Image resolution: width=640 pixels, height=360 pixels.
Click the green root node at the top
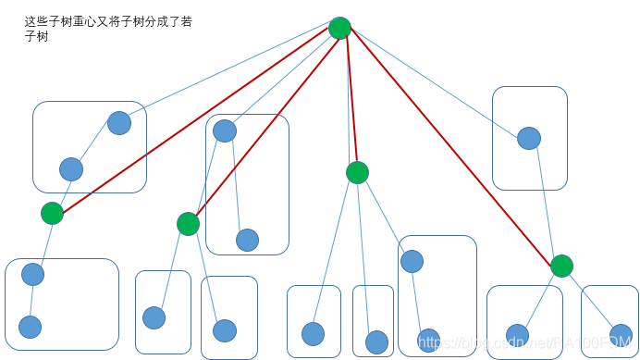(339, 28)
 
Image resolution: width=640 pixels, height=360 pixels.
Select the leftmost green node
(53, 214)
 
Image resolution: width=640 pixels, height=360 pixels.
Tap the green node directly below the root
(357, 172)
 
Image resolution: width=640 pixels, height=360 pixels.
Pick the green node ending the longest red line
(561, 267)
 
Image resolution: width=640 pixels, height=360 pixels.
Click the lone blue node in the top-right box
(529, 139)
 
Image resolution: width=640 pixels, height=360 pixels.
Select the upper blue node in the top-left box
(119, 122)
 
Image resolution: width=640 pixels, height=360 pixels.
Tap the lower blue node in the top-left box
(71, 169)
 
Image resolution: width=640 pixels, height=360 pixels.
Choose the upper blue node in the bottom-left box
(32, 274)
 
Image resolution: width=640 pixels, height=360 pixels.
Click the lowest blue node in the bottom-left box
(30, 327)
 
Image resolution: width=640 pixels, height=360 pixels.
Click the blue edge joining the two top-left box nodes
(95, 145)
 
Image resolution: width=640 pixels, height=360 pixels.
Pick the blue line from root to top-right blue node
(435, 83)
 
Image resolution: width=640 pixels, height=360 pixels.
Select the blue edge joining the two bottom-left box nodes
(31, 301)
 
